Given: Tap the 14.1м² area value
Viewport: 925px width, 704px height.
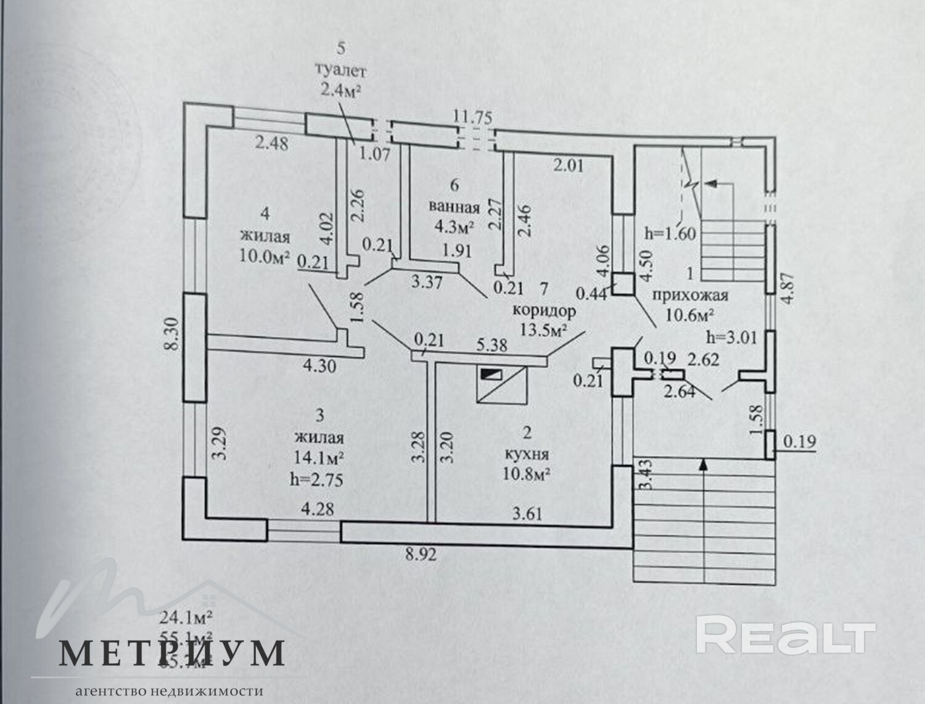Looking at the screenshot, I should [319, 458].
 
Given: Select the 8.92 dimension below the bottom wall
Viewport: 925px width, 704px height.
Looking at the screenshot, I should [421, 555].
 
